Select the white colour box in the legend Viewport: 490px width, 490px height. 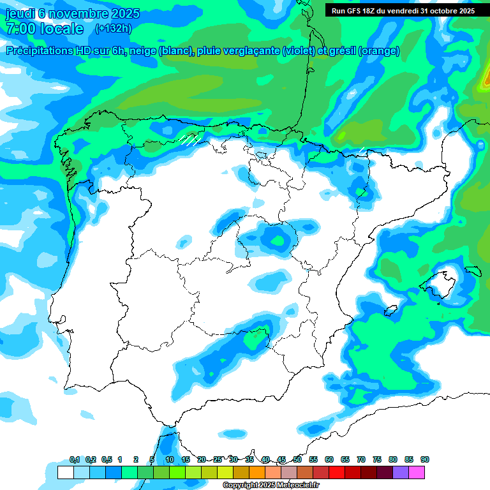click(65, 473)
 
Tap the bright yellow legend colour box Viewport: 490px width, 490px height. click(225, 473)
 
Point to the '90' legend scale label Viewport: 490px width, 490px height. click(425, 459)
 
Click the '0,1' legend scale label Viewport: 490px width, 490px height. click(75, 459)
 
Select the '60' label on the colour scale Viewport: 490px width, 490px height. click(329, 459)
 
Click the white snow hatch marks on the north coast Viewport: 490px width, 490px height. click(190, 140)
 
